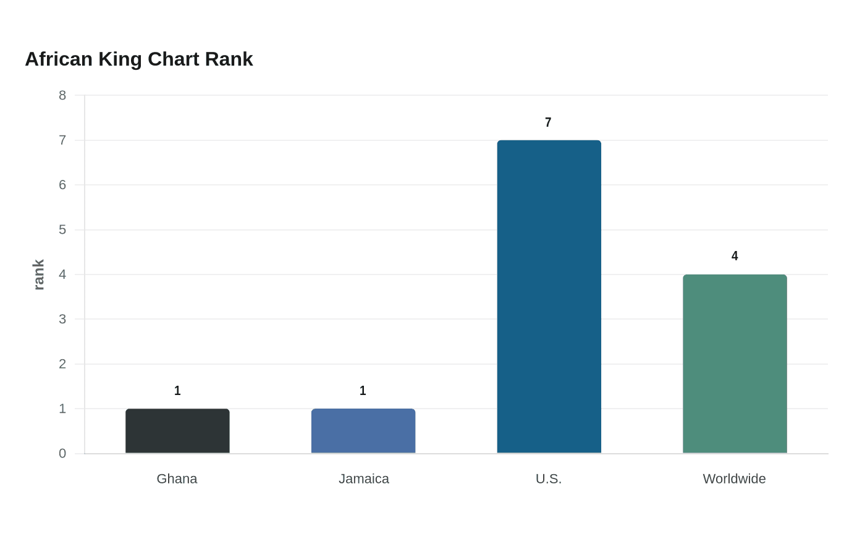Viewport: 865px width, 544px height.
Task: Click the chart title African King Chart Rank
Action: click(139, 59)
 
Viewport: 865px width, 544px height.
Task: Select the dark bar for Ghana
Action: click(178, 431)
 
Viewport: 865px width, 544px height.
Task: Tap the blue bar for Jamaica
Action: click(363, 431)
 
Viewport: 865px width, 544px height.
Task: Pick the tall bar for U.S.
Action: click(549, 297)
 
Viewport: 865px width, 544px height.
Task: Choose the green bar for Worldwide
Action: click(735, 364)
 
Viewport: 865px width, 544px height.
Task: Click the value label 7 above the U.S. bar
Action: click(548, 122)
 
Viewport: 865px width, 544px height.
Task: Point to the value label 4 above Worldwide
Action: click(735, 256)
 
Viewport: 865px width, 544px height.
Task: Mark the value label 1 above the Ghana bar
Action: click(177, 391)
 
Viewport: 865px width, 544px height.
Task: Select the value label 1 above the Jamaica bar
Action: click(363, 391)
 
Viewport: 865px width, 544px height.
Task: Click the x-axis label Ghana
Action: click(177, 478)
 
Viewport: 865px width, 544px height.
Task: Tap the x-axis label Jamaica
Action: click(364, 478)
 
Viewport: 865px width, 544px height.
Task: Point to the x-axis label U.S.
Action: click(549, 478)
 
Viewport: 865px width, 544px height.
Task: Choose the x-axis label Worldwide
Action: click(734, 478)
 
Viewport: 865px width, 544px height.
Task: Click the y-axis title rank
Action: click(38, 274)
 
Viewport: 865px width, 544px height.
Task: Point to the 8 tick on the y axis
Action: click(62, 95)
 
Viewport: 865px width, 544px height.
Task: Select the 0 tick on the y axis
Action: click(62, 453)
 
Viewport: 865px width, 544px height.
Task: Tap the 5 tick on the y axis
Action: click(62, 230)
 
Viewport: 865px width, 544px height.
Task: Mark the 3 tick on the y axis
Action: click(62, 319)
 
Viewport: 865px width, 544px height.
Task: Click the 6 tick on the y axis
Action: click(62, 185)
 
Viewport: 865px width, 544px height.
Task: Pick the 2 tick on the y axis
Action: click(62, 364)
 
